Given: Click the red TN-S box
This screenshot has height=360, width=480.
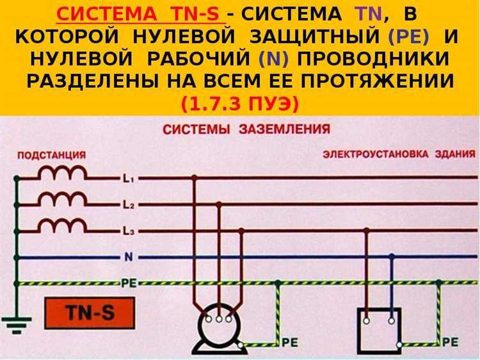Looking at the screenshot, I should (90, 313).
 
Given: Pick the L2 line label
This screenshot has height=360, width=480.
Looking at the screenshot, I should (127, 205).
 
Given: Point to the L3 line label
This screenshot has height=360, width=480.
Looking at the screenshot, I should (127, 231).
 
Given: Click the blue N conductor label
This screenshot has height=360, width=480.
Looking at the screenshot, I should (129, 257).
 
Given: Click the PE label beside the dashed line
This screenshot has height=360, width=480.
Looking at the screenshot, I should (129, 282).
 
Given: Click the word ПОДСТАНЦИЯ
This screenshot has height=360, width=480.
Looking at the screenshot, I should (51, 155).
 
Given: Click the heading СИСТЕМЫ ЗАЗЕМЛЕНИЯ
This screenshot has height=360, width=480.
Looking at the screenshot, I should (246, 129).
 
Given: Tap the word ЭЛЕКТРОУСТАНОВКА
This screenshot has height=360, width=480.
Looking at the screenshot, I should (377, 154).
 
